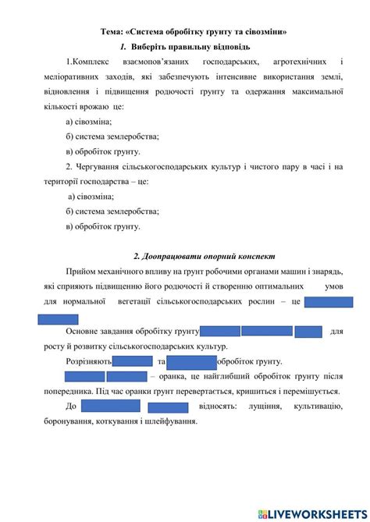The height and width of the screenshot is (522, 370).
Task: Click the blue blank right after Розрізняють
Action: tap(133, 361)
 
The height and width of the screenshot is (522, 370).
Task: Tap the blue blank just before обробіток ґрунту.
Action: tap(191, 361)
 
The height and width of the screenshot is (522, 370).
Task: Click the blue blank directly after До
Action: tap(110, 406)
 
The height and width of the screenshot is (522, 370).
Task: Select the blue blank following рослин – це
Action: tap(328, 303)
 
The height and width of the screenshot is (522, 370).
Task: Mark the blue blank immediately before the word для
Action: tap(309, 332)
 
